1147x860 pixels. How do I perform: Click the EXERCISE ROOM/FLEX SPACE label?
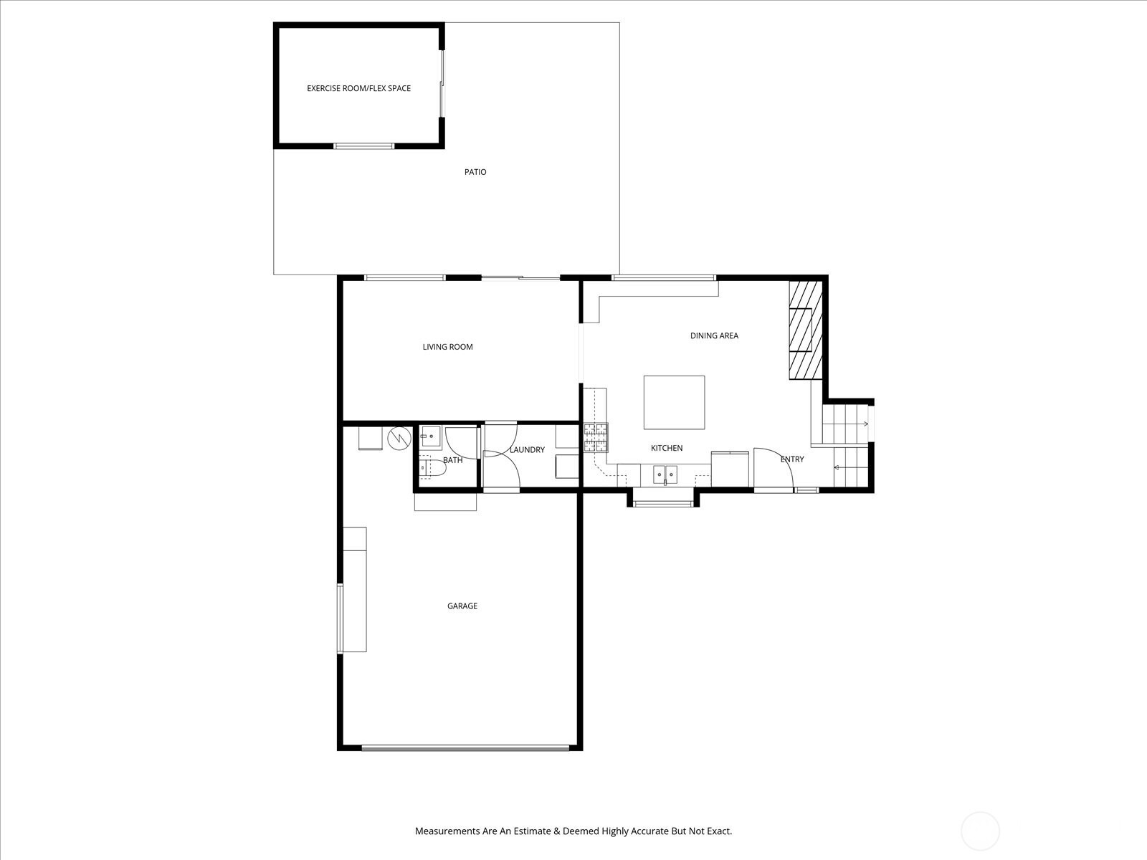coord(358,88)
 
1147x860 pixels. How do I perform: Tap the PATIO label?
coord(475,172)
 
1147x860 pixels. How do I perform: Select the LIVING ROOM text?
coord(447,347)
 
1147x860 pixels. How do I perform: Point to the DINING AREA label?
coord(714,335)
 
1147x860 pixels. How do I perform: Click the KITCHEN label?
coord(666,448)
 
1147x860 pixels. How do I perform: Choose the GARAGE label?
coord(462,606)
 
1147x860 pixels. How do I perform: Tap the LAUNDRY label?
coord(527,449)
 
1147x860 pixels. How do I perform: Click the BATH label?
coord(452,460)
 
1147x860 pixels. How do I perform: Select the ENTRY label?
coord(791,459)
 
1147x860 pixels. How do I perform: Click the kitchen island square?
coord(674,402)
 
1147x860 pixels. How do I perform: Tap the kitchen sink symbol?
coord(665,475)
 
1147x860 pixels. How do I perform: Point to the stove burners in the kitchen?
coord(596,438)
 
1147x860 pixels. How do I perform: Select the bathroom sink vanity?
coord(431,436)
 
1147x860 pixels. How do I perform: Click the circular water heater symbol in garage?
coord(399,439)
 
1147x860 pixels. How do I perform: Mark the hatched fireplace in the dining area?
coord(805,330)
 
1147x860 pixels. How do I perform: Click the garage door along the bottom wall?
coord(465,748)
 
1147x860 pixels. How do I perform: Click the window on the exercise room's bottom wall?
coord(363,145)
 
